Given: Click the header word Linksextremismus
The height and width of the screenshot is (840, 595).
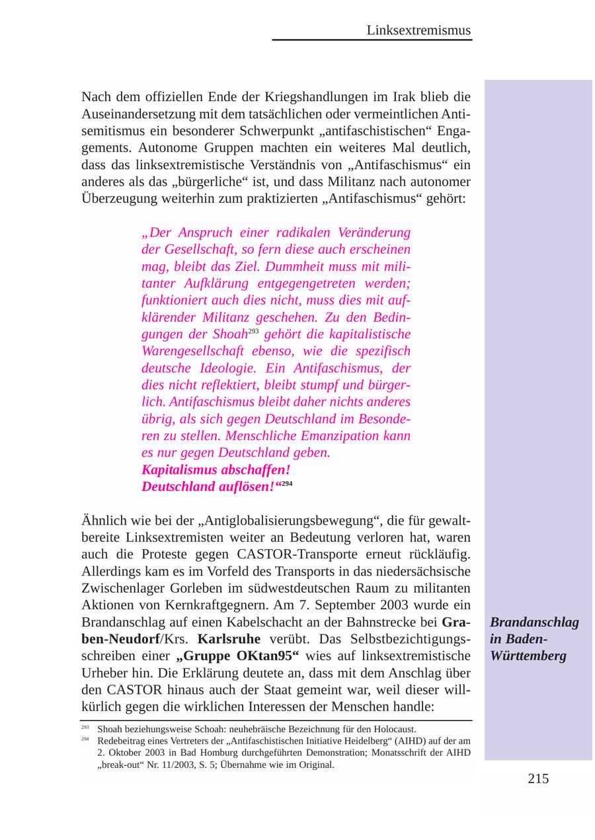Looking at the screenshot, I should [418, 30].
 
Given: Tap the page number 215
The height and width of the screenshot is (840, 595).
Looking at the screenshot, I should [538, 779].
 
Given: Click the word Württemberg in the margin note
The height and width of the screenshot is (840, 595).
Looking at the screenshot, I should [528, 656].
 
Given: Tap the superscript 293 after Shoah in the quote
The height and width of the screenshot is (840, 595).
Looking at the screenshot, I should [254, 330].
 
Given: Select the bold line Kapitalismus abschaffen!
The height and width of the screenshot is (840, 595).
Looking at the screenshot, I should [216, 470].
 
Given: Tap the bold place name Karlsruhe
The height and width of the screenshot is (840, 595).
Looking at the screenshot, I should [229, 639].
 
